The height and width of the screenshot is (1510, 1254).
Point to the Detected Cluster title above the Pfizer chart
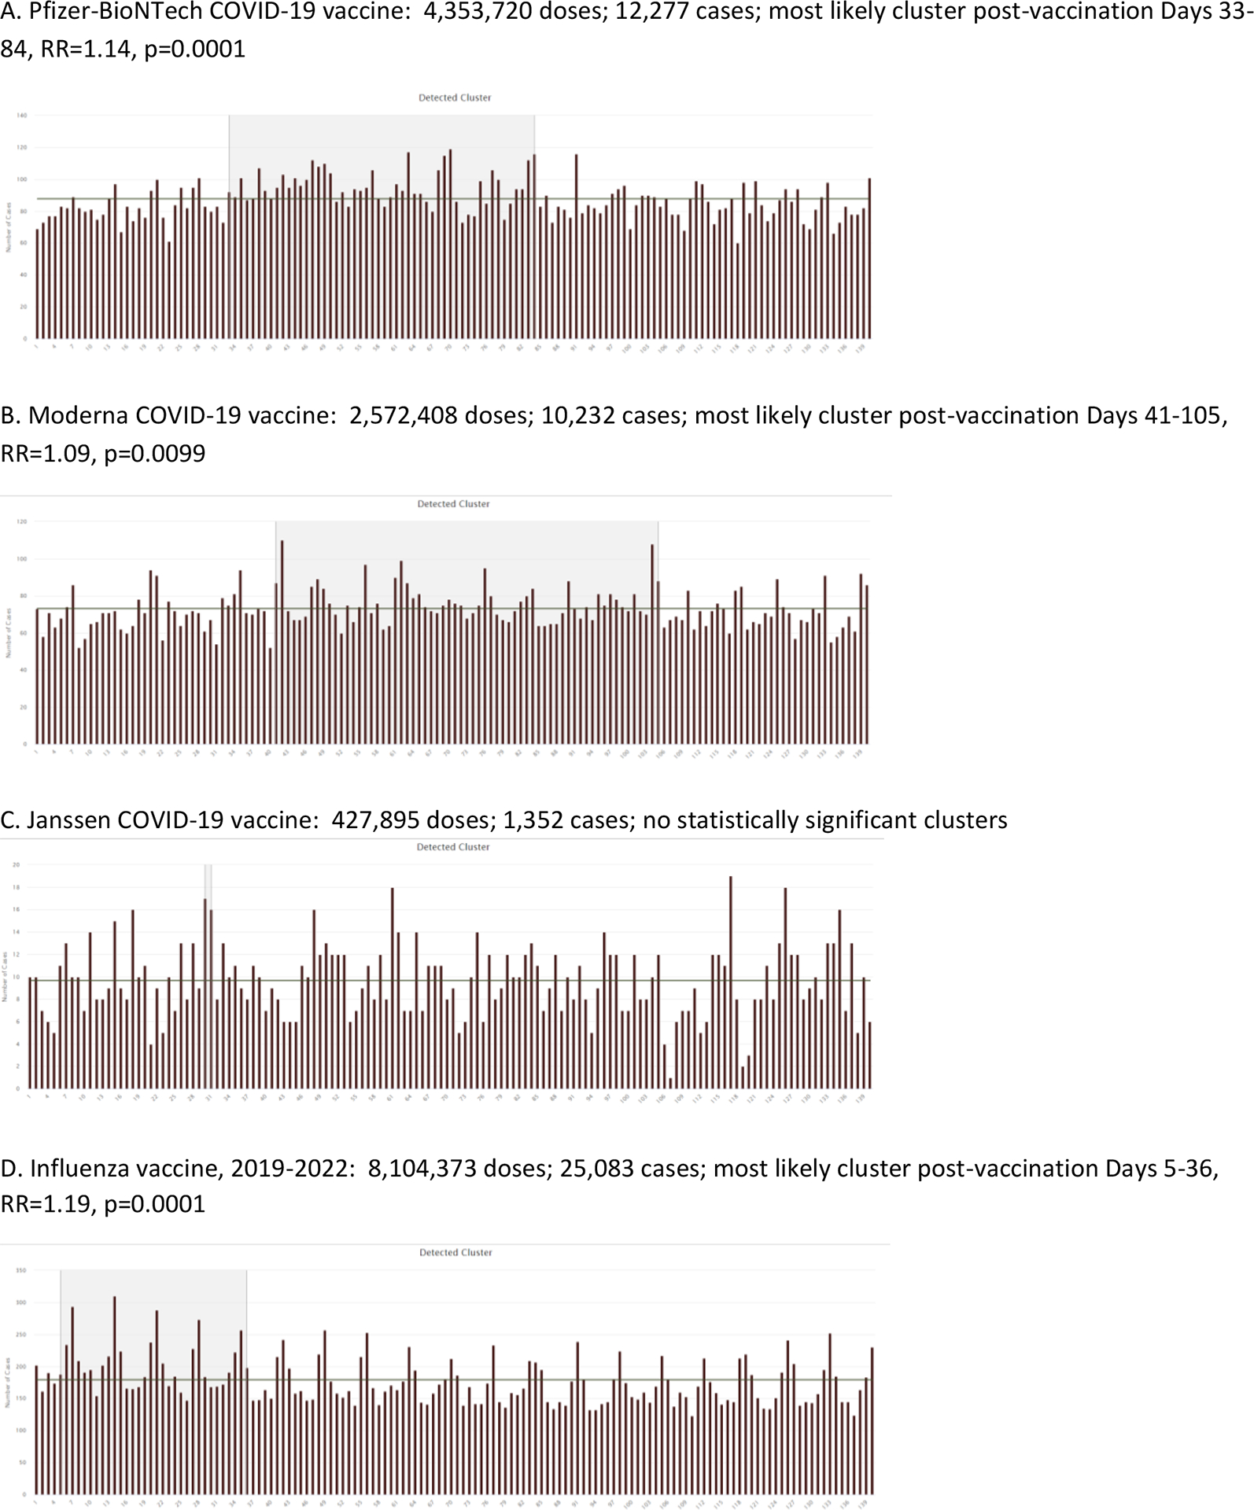455,98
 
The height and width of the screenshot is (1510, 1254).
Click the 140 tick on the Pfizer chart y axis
22,116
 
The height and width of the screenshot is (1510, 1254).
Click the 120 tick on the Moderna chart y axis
22,521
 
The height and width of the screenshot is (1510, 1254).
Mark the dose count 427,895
375,820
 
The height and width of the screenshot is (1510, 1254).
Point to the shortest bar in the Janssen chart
670,1083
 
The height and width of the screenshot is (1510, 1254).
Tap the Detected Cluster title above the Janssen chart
453,847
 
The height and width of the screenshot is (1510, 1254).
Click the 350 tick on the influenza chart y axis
21,1270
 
